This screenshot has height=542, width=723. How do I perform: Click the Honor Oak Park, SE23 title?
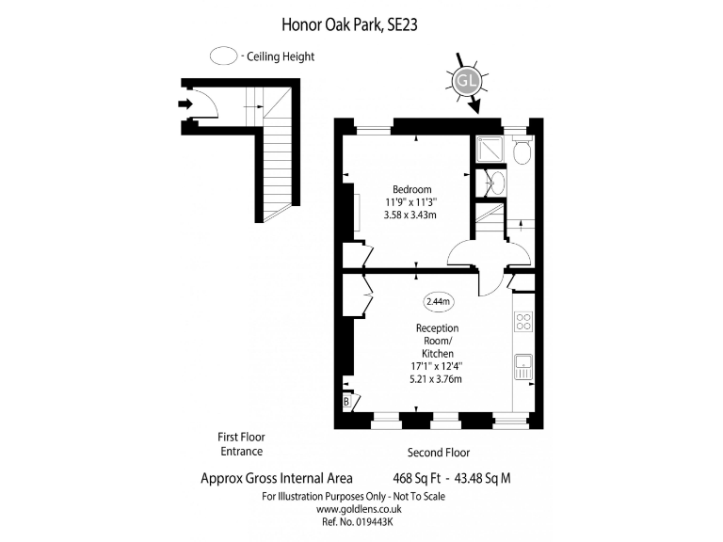click(349, 24)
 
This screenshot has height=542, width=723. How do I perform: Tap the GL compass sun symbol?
click(467, 81)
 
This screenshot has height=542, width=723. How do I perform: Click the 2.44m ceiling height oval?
click(438, 302)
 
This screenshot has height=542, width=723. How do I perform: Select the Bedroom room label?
click(411, 189)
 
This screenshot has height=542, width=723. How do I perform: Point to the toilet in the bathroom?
click(522, 149)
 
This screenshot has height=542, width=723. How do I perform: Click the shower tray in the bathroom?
click(490, 149)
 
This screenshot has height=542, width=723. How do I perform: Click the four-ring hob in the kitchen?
click(523, 321)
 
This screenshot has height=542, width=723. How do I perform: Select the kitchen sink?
click(523, 366)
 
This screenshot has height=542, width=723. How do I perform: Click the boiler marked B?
click(346, 401)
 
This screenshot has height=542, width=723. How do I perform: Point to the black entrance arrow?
click(185, 104)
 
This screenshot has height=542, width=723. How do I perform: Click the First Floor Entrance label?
click(242, 444)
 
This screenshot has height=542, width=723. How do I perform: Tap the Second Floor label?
click(439, 453)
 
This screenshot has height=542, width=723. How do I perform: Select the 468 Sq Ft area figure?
click(417, 478)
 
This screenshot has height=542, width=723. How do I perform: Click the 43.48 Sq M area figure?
click(483, 478)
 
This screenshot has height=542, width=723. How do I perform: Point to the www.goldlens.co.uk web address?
click(359, 509)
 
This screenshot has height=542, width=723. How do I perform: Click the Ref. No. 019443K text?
click(358, 521)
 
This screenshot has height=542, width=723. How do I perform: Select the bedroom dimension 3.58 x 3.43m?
click(410, 215)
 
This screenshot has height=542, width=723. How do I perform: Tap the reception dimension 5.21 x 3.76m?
click(436, 379)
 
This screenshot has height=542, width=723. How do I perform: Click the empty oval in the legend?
click(224, 56)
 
